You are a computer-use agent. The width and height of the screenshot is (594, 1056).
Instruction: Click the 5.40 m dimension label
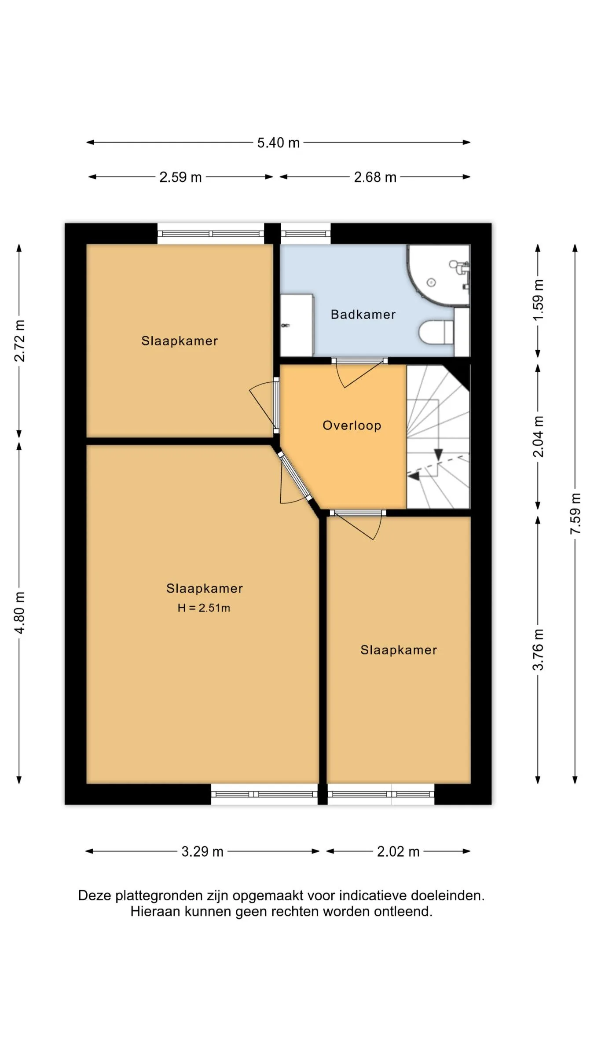[279, 143]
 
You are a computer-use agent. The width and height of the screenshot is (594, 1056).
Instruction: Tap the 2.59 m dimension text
[180, 177]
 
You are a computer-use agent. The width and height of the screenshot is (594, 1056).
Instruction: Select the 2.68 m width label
[375, 177]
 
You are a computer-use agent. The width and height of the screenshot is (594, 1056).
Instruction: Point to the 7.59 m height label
[575, 514]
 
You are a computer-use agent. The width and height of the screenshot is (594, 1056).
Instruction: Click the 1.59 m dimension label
[538, 300]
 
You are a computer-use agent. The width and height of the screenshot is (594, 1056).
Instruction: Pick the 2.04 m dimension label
[538, 436]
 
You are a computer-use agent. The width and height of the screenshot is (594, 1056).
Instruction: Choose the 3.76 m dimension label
[538, 649]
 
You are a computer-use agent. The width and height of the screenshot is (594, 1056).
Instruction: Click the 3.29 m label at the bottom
[202, 851]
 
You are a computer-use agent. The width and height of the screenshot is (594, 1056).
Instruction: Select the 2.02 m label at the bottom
[398, 851]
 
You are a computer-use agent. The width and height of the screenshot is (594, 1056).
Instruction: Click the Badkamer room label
[363, 314]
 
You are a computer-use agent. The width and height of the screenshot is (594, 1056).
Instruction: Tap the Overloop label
[352, 425]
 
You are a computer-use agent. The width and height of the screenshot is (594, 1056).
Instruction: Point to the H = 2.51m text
[204, 608]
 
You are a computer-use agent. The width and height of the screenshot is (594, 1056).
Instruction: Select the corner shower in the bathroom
[438, 275]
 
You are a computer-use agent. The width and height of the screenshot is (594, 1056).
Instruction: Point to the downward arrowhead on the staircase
[438, 455]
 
